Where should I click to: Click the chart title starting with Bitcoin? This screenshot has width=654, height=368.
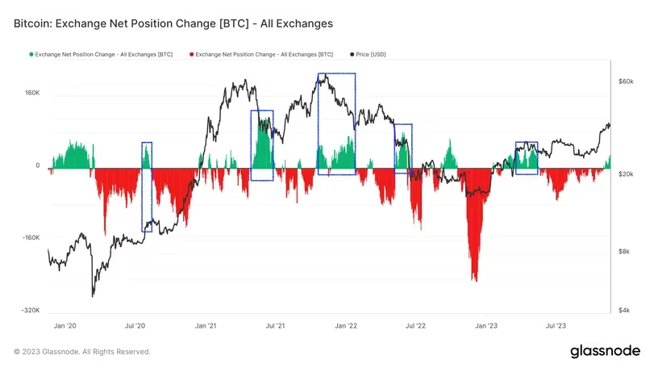173,24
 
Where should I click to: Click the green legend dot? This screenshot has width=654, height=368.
31,54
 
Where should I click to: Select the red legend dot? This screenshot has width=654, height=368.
190,54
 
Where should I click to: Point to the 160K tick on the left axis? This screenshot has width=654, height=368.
32,93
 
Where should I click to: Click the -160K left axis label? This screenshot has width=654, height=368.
31,238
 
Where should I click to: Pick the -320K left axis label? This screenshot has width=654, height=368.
31,311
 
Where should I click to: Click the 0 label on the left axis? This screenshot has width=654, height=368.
37,165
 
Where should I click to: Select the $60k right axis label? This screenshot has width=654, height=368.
627,82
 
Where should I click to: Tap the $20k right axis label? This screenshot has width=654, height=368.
627,174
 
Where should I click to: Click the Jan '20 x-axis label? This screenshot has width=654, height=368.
64,325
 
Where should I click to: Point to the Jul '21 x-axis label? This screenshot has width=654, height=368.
276,325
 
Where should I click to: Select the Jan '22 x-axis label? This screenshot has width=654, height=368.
347,325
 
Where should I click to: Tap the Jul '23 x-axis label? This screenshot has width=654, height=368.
556,325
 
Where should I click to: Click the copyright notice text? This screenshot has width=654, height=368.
82,352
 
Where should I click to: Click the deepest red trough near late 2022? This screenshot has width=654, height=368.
475,279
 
